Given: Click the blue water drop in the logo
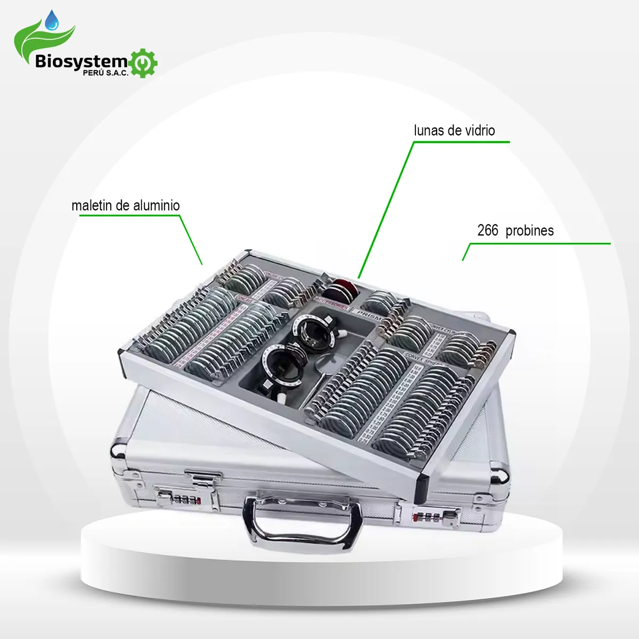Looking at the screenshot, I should (52, 21).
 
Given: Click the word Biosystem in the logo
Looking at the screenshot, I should (81, 61).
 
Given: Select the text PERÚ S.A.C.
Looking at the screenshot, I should (105, 73).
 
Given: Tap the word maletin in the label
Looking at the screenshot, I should (91, 206).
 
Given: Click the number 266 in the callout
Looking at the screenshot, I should (488, 231).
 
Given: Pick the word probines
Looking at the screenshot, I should (529, 231).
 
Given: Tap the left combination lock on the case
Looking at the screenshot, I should (181, 499).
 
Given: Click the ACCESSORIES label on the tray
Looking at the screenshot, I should (330, 305).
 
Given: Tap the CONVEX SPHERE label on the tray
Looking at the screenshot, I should (423, 358).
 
